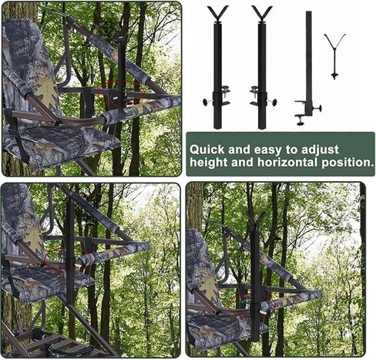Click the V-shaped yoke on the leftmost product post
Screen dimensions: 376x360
pyautogui.click(x=218, y=14)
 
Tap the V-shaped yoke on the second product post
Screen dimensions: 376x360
pyautogui.click(x=262, y=14)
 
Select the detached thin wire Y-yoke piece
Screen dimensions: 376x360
pyautogui.click(x=334, y=56)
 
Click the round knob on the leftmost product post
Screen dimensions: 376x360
pyautogui.click(x=206, y=102)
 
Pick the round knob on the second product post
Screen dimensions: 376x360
pyautogui.click(x=274, y=102)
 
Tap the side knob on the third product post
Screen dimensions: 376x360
pyautogui.click(x=320, y=108)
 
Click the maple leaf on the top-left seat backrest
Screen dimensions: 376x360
pyautogui.click(x=46, y=90)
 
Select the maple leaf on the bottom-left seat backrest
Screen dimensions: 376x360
pyautogui.click(x=34, y=239)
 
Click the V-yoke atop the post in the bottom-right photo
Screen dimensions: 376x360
pyautogui.click(x=254, y=220)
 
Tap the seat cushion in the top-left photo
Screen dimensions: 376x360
pyautogui.click(x=59, y=144)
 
